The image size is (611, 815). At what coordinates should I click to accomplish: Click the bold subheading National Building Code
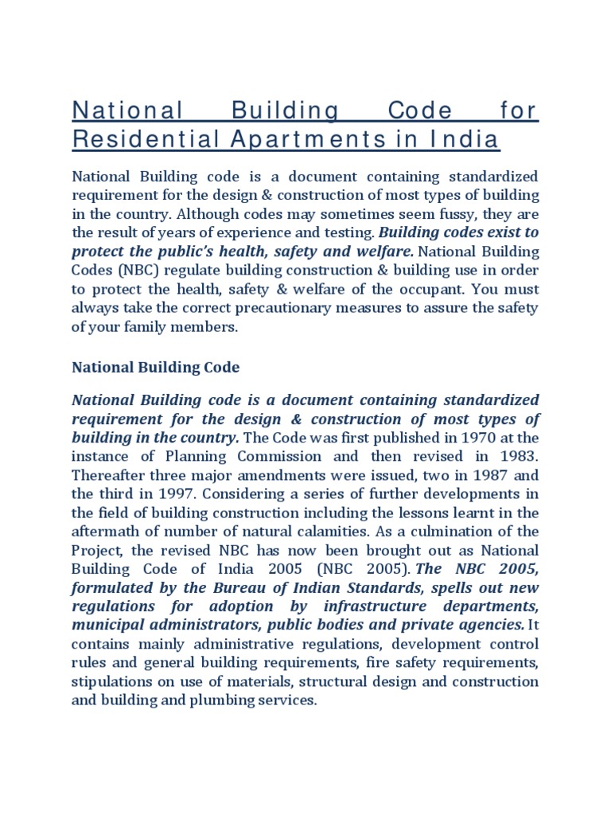(x=156, y=368)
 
